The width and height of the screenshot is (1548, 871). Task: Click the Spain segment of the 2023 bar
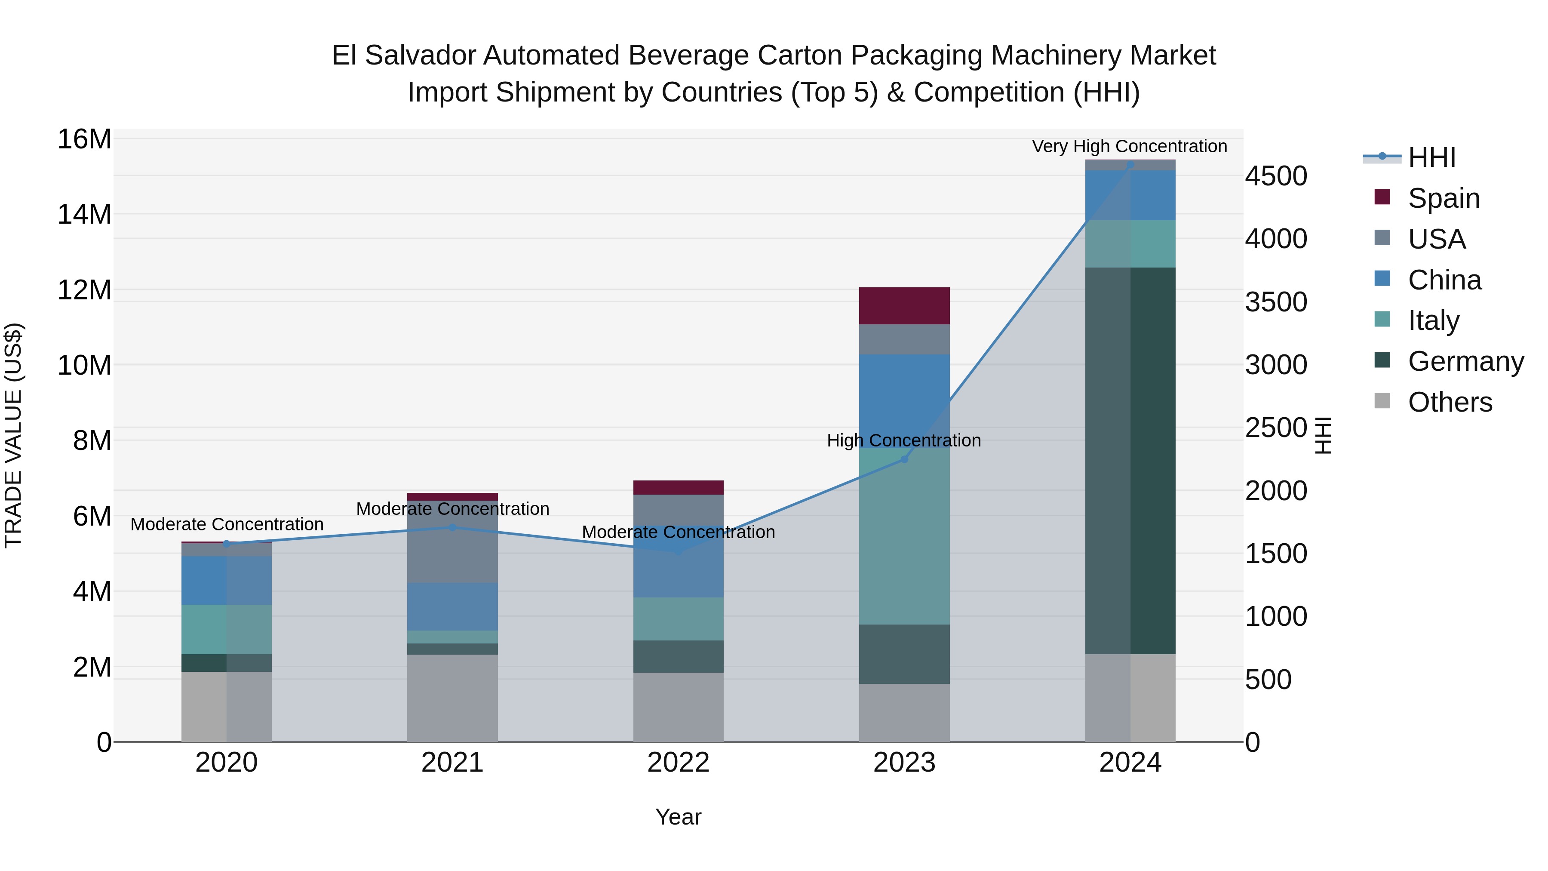point(904,305)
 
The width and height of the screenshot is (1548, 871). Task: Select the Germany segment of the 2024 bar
point(1130,460)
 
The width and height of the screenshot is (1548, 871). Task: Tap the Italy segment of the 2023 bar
point(904,536)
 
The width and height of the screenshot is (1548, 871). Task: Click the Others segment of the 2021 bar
point(452,698)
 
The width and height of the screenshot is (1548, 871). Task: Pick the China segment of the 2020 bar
point(227,580)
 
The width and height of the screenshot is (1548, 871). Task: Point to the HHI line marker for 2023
point(904,459)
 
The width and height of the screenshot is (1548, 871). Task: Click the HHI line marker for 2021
point(452,527)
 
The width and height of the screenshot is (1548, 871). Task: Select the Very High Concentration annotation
point(1129,146)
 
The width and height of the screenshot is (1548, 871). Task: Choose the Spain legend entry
point(1444,198)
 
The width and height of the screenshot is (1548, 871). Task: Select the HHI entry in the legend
point(1431,157)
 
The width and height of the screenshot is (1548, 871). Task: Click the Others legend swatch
point(1382,401)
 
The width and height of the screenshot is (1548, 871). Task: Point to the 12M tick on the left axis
point(84,290)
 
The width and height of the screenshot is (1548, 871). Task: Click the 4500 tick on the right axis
point(1275,176)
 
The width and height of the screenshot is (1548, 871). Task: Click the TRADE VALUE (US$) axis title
point(14,435)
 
